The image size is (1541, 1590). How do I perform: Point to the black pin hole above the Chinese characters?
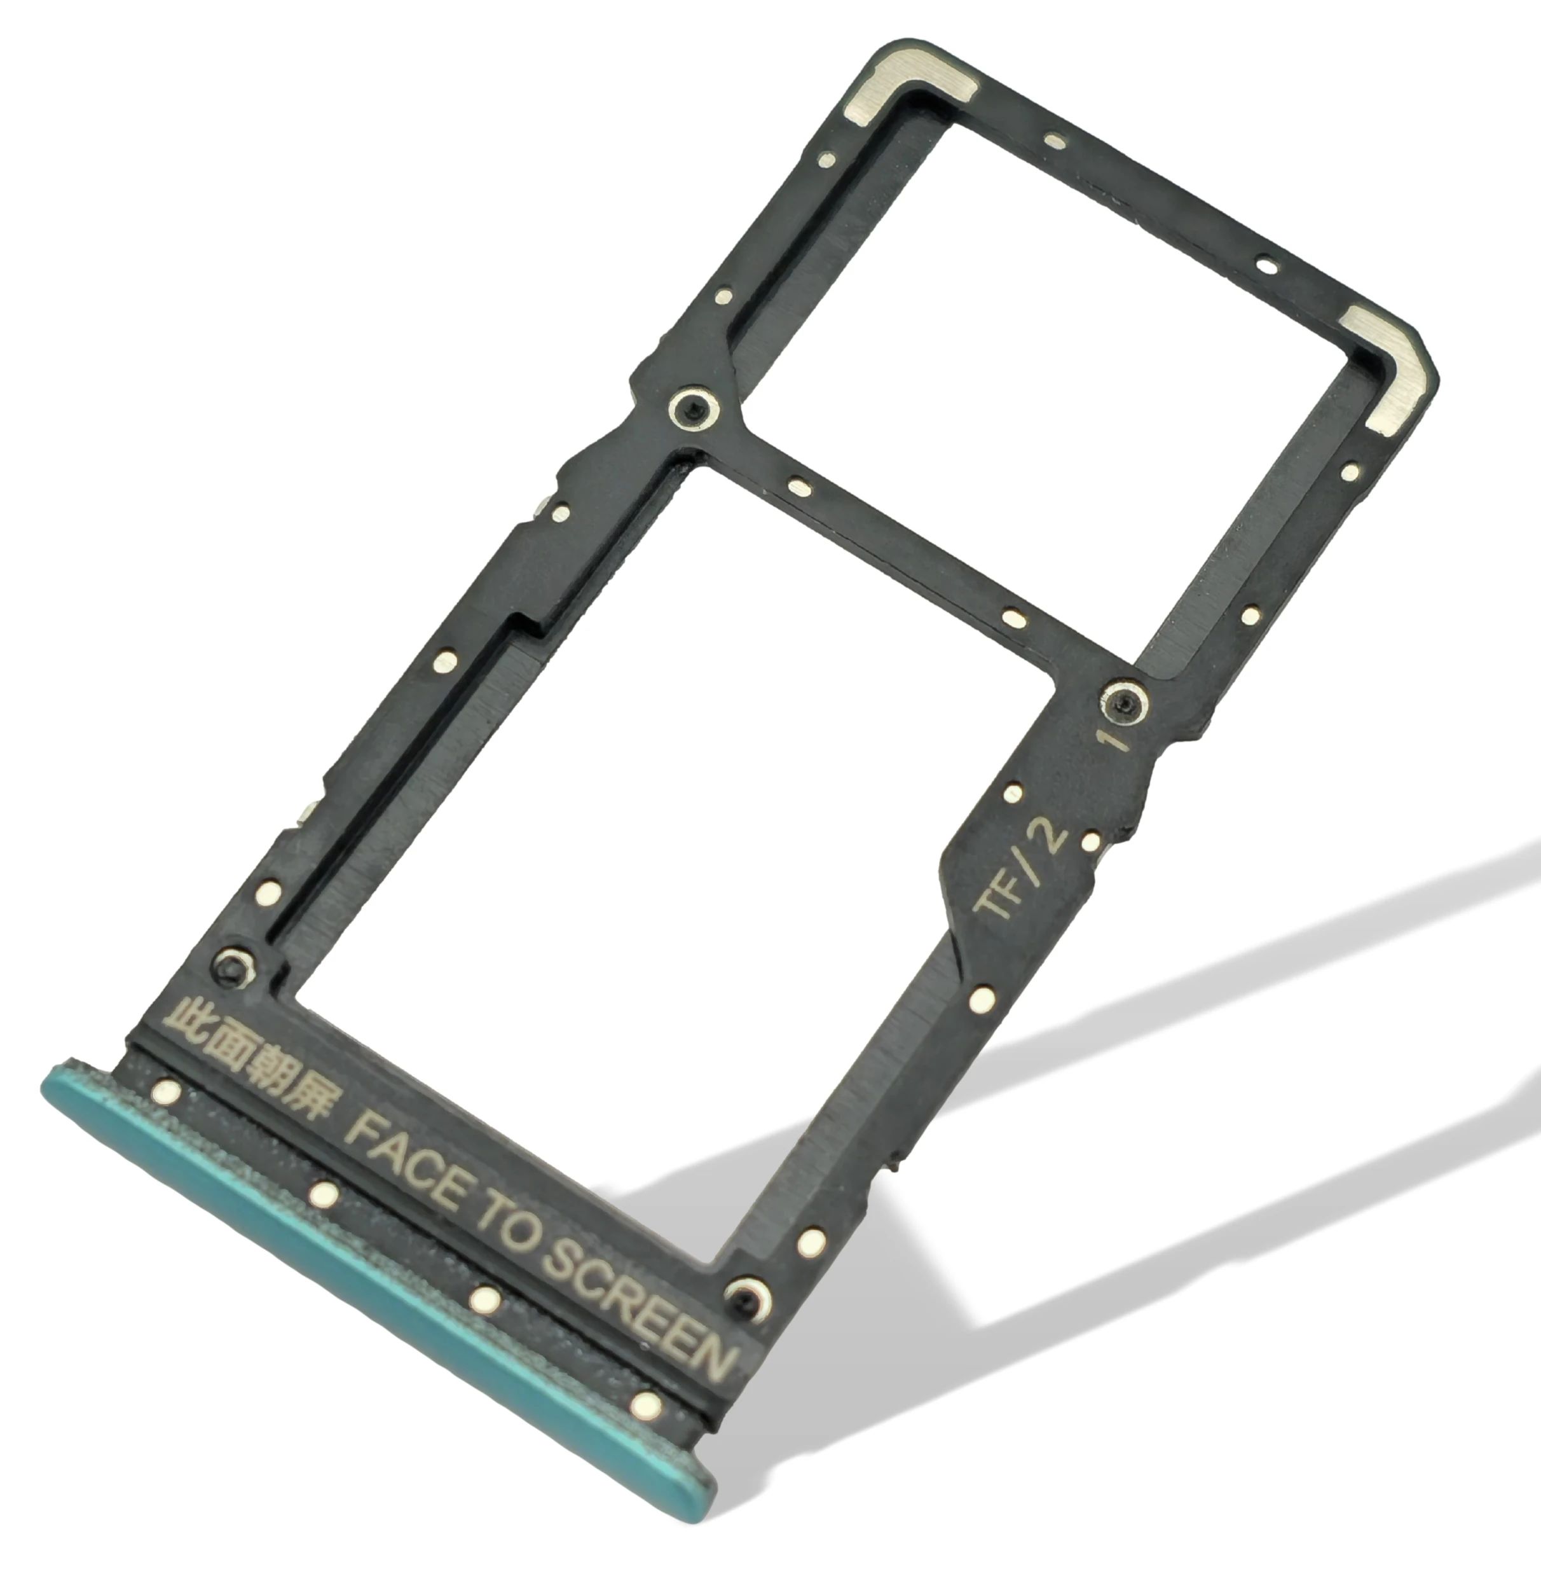[x=231, y=966]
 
